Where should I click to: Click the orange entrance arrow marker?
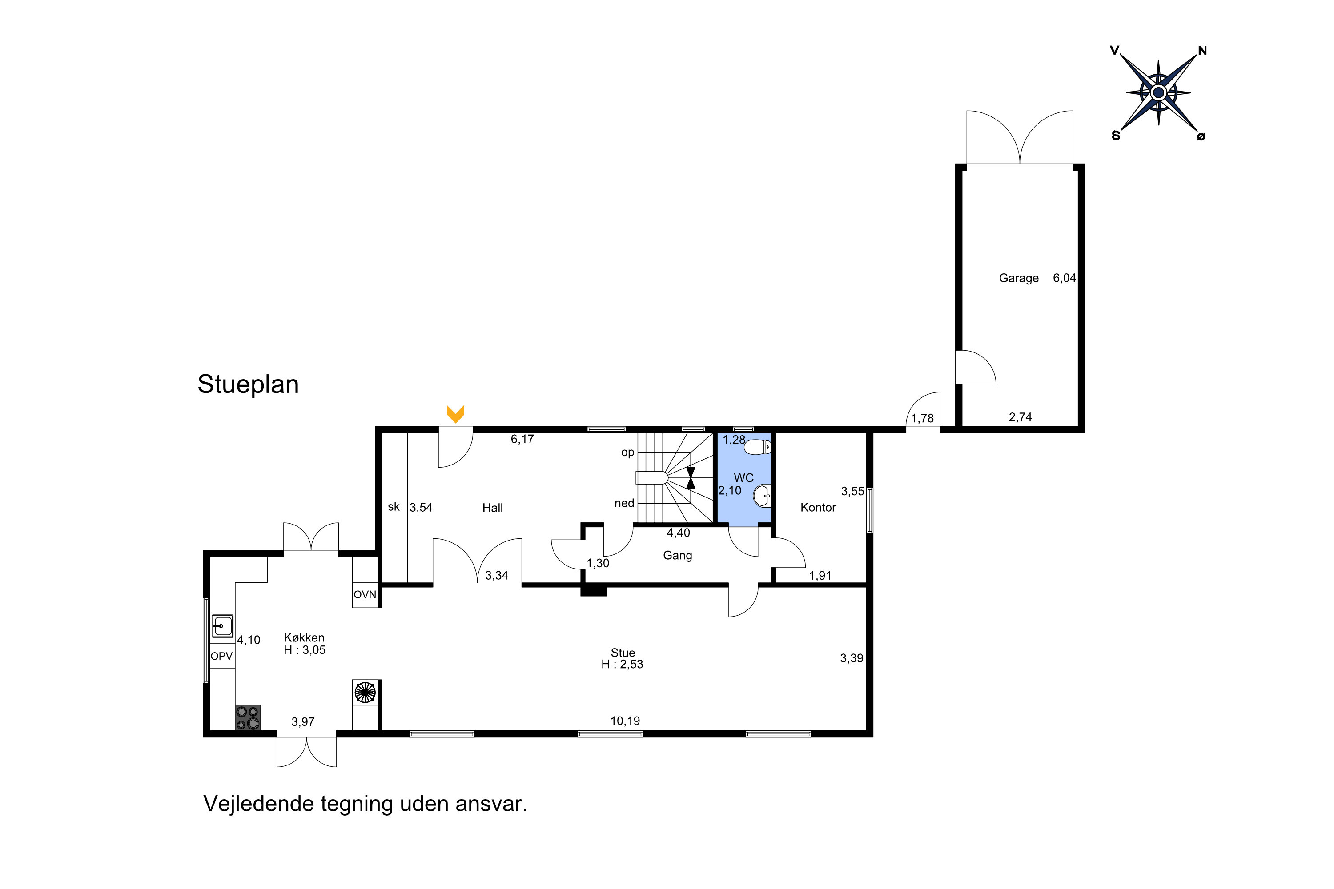pos(455,414)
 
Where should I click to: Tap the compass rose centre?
pos(1158,92)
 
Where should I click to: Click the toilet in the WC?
pos(758,448)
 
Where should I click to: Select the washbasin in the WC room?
pos(763,496)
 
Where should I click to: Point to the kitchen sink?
pos(222,626)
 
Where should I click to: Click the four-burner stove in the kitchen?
pos(248,717)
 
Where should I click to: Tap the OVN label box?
pos(365,595)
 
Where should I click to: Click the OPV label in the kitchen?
pos(222,656)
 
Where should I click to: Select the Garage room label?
pos(1019,278)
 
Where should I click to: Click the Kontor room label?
pos(818,508)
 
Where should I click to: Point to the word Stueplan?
pos(248,384)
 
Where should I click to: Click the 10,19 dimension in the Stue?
pos(625,721)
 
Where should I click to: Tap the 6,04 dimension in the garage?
pos(1064,278)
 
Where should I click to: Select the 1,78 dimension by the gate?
pos(922,418)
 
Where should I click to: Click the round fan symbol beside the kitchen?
pos(365,692)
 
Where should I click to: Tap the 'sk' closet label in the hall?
pos(394,507)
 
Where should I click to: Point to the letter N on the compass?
pos(1202,51)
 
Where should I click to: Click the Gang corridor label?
pos(677,555)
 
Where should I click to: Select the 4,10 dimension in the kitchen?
pos(249,640)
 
